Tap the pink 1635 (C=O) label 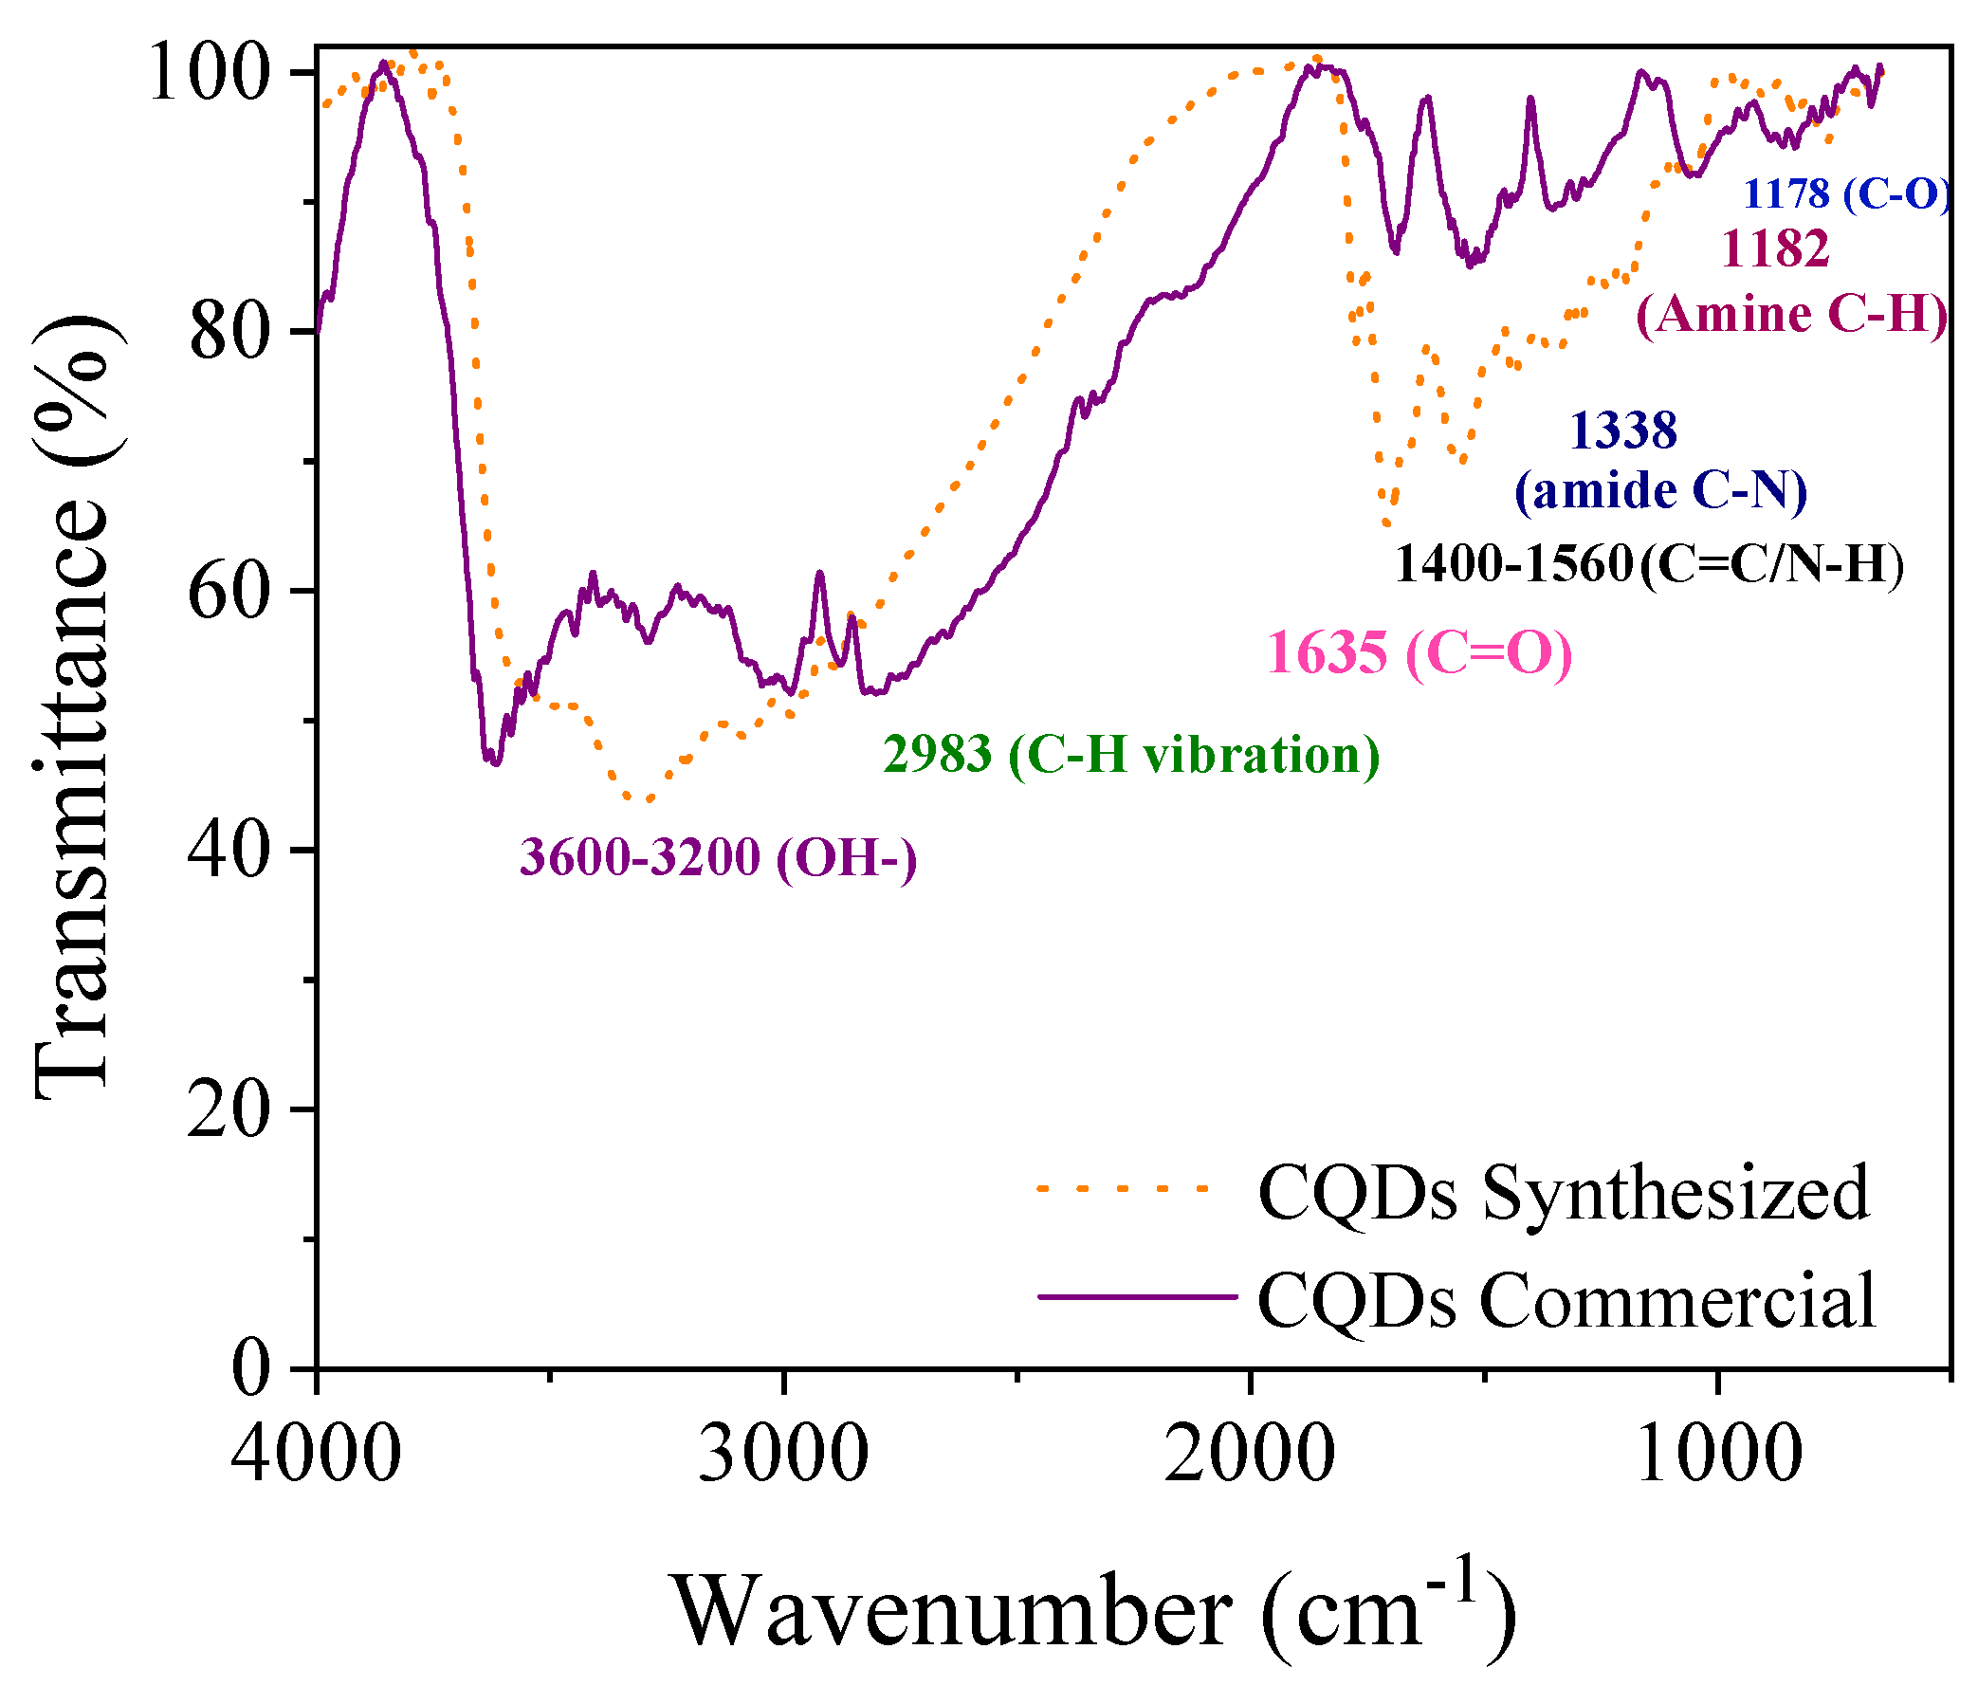pyautogui.click(x=1419, y=654)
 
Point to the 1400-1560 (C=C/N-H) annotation pyautogui.click(x=1650, y=564)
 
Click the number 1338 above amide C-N pyautogui.click(x=1623, y=431)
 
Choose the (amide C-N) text pyautogui.click(x=1661, y=490)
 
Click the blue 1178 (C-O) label pyautogui.click(x=1846, y=193)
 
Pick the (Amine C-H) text pyautogui.click(x=1792, y=314)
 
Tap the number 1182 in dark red pyautogui.click(x=1776, y=248)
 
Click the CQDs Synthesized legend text pyautogui.click(x=1564, y=1192)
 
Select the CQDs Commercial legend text pyautogui.click(x=1566, y=1300)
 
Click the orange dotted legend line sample pyautogui.click(x=1124, y=1188)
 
